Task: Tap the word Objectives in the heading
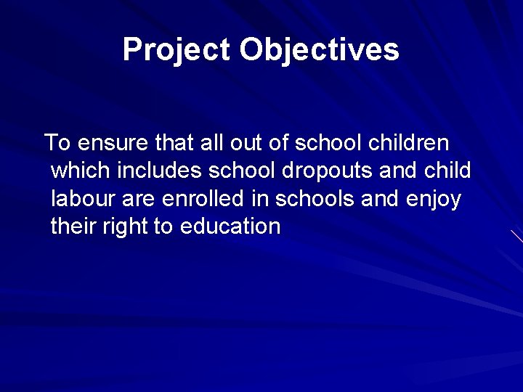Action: pyautogui.click(x=320, y=50)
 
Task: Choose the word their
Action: pyautogui.click(x=72, y=226)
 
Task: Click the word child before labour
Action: pyautogui.click(x=447, y=171)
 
